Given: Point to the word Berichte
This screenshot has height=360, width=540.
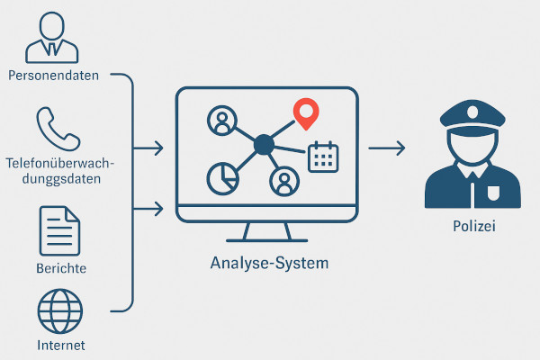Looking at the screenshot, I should click(62, 268).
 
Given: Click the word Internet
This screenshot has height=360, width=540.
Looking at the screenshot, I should click(62, 346).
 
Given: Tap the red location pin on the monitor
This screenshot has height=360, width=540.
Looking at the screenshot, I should click(307, 113).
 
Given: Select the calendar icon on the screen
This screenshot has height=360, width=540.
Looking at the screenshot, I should click(321, 157).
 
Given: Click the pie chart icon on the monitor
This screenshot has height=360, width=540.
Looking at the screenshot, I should click(221, 177).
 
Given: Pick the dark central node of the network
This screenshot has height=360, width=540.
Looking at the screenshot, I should click(263, 143).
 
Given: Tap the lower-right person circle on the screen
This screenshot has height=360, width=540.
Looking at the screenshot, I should click(284, 182).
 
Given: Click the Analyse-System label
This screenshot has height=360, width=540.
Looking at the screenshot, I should click(269, 264).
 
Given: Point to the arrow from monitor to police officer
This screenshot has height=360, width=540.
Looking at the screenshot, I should click(385, 147).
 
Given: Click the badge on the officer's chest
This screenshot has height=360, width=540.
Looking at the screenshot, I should click(492, 193).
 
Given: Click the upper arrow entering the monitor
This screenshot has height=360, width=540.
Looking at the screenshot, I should click(148, 147).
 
